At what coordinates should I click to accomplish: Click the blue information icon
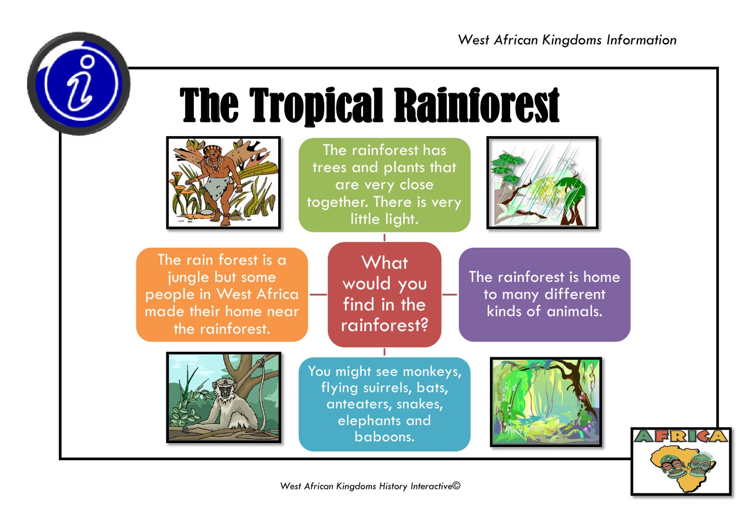[78, 83]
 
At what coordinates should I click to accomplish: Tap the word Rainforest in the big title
[477, 105]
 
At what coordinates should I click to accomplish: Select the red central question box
[384, 295]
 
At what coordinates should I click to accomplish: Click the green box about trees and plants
[384, 185]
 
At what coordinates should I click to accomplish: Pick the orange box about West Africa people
[222, 295]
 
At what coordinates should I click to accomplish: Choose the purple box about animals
[545, 295]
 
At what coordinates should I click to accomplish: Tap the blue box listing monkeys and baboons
[384, 404]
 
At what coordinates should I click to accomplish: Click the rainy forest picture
[543, 183]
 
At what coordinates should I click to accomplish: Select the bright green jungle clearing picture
[546, 402]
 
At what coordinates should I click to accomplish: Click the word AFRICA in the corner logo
[681, 437]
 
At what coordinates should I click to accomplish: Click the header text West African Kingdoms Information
[567, 40]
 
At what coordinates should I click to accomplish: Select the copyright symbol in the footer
[456, 486]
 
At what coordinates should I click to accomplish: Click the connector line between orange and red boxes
[318, 295]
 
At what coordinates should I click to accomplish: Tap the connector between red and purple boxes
[449, 295]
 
